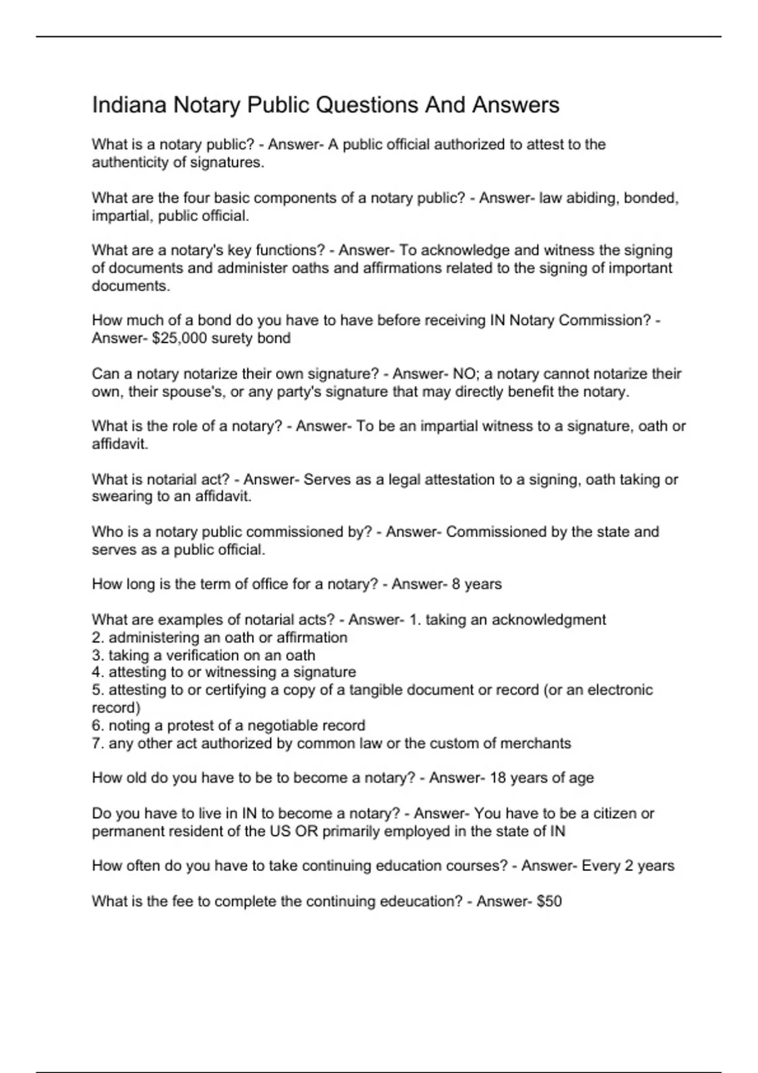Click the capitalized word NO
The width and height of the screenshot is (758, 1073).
pos(464,374)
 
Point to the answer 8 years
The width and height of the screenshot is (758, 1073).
pos(476,584)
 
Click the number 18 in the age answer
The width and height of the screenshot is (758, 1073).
pos(498,778)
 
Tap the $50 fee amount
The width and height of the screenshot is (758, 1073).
pos(549,901)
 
